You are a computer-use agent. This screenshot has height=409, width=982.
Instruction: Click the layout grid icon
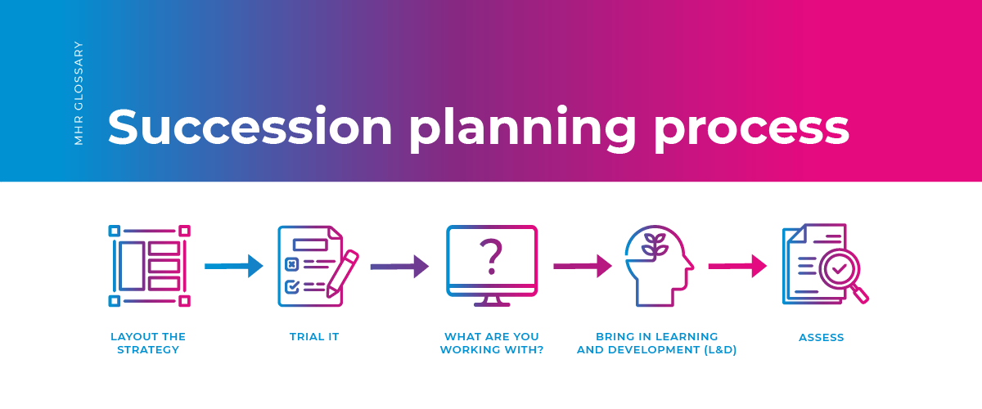[x=150, y=266]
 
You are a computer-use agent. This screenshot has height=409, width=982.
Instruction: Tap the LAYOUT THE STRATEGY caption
[x=148, y=343]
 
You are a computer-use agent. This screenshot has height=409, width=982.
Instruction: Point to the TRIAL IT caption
[x=314, y=337]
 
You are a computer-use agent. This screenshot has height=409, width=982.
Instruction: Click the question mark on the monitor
[x=491, y=256]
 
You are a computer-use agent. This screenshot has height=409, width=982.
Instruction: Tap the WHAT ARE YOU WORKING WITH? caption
[x=492, y=343]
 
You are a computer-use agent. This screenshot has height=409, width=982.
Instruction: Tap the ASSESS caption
[x=822, y=337]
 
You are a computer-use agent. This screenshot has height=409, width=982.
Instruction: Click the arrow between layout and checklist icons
[x=233, y=266]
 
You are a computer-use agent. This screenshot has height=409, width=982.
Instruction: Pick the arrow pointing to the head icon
[x=583, y=266]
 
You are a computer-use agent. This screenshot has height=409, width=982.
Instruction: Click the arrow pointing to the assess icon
[x=736, y=266]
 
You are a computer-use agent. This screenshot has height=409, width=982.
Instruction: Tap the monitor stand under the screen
[x=491, y=300]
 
